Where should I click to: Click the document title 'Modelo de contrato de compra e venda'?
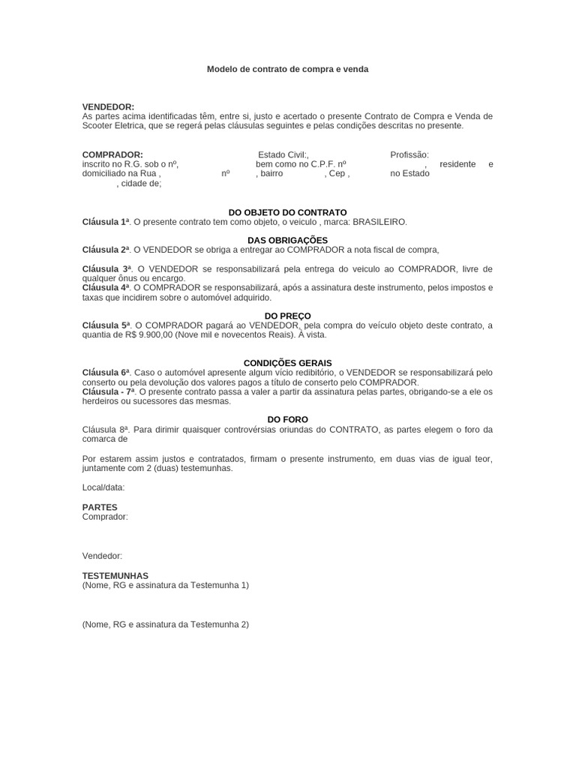pyautogui.click(x=287, y=69)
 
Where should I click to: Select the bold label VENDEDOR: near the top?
pyautogui.click(x=108, y=107)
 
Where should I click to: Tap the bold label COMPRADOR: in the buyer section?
pyautogui.click(x=112, y=154)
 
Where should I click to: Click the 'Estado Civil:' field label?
pyautogui.click(x=282, y=154)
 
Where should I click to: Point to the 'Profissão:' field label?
pyautogui.click(x=409, y=154)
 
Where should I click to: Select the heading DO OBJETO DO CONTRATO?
pyautogui.click(x=287, y=213)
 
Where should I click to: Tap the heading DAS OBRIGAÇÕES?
pyautogui.click(x=287, y=240)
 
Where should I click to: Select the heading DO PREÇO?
pyautogui.click(x=287, y=316)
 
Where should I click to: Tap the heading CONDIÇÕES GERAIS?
pyautogui.click(x=287, y=363)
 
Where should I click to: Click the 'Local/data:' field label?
pyautogui.click(x=103, y=487)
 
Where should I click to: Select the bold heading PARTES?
pyautogui.click(x=100, y=508)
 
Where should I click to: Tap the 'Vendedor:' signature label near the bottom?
pyautogui.click(x=102, y=556)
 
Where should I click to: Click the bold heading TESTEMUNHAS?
pyautogui.click(x=115, y=576)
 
